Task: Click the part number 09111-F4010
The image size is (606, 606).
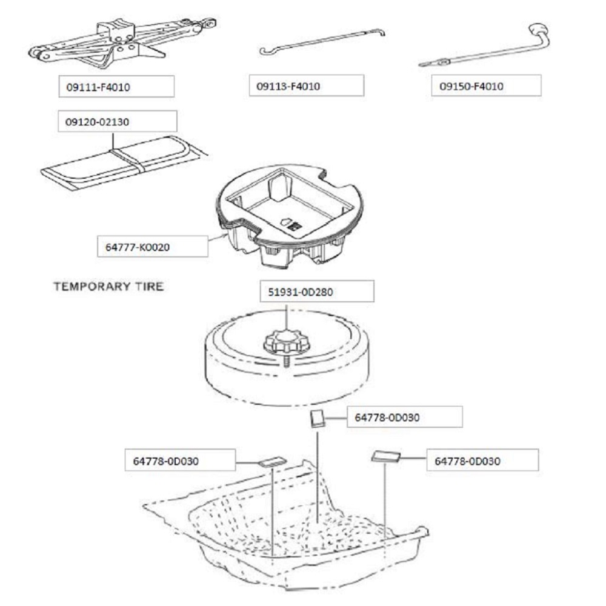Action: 116,87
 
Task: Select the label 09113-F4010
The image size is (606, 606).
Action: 306,86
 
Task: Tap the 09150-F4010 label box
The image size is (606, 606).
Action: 489,86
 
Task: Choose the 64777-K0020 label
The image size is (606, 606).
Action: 153,247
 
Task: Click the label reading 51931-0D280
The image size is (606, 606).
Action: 316,292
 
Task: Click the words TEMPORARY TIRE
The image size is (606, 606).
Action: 108,286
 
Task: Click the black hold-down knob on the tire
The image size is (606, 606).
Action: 286,342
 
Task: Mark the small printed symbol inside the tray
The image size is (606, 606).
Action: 292,224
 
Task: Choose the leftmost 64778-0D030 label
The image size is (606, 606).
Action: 179,461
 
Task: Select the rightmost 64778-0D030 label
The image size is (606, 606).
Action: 482,461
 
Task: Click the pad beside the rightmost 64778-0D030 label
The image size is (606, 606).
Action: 385,456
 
